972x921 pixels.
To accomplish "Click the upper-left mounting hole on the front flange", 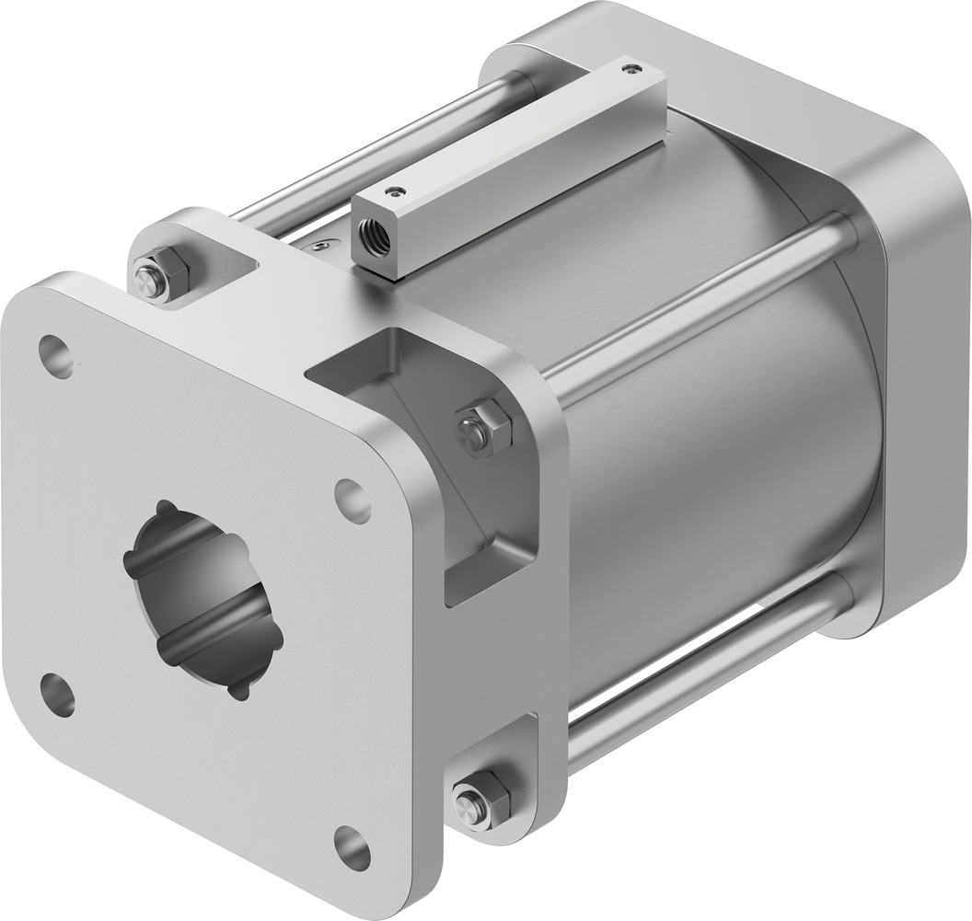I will coord(56,356).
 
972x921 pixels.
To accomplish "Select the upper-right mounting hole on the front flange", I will coord(353,501).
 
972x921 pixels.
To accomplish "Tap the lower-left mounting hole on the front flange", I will coord(58,695).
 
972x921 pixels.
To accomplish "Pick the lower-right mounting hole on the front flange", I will coord(352,847).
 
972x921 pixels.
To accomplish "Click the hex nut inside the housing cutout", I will coord(485,429).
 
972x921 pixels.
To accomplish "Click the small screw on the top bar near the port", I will coord(396,191).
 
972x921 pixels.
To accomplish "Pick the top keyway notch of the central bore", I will coord(165,507).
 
